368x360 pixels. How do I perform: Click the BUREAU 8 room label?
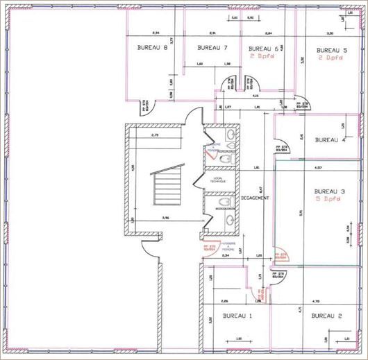(x=153, y=48)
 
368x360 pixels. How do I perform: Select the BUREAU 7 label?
(x=212, y=48)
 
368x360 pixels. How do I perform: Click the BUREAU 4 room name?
(x=330, y=140)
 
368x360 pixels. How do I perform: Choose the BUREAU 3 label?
(x=330, y=191)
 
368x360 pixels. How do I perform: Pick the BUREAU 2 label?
(x=327, y=316)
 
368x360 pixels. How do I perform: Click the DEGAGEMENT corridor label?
(x=255, y=198)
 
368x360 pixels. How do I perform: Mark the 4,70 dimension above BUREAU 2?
(x=316, y=301)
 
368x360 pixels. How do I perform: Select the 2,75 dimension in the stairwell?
(x=156, y=135)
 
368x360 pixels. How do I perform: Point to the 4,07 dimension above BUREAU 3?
(x=318, y=168)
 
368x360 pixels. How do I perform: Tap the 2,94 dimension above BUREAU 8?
(x=156, y=33)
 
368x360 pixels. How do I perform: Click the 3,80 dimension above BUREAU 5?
(x=331, y=33)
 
